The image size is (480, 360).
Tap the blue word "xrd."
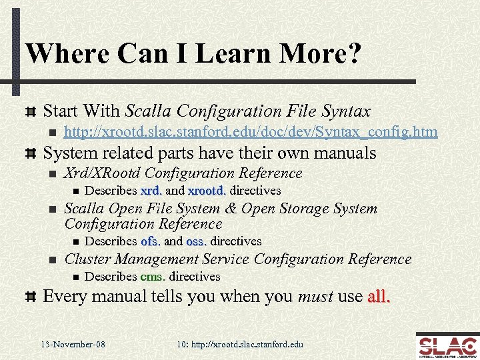[151, 191]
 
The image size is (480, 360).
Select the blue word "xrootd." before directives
[207, 191]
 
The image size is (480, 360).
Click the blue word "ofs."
[150, 241]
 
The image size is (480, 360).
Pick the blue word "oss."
[196, 241]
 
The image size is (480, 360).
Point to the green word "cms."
[154, 277]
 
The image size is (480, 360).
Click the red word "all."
[378, 296]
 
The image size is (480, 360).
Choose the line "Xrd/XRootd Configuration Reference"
[183, 173]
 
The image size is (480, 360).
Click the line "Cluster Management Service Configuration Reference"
[237, 259]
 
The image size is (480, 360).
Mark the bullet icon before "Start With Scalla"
[29, 111]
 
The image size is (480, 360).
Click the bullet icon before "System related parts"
[29, 153]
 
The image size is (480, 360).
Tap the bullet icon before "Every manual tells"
[29, 297]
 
